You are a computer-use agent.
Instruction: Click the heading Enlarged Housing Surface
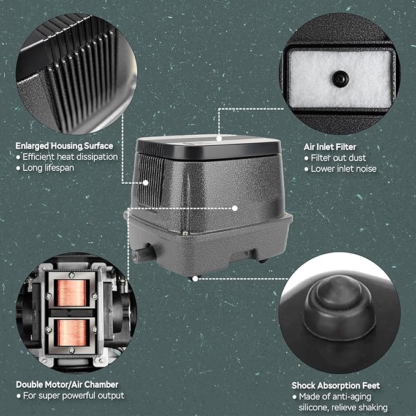64,146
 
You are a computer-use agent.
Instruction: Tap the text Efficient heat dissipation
70,157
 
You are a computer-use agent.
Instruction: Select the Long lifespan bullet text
48,168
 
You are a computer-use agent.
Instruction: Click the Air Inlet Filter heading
330,146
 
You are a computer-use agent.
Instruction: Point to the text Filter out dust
338,158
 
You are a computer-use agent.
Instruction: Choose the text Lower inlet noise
344,168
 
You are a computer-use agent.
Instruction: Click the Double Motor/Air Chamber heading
67,384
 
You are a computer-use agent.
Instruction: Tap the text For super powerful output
74,396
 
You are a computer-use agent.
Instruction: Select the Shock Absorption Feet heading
336,385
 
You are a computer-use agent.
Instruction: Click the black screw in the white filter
341,78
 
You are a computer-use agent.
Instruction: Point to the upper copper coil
72,293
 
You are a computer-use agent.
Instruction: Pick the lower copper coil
72,333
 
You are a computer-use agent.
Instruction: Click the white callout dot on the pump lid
219,138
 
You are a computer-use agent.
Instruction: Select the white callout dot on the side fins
145,183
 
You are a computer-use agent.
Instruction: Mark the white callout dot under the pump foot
195,279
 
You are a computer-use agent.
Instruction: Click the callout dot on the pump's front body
235,208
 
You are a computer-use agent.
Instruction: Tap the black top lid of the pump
208,147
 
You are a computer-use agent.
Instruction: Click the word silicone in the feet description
314,407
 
